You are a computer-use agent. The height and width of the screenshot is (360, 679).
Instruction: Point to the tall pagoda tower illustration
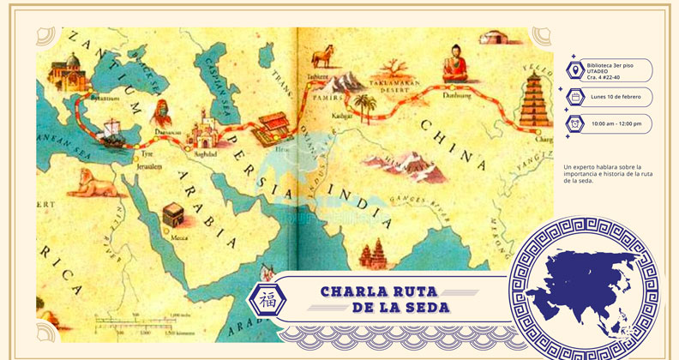pyautogui.click(x=534, y=100)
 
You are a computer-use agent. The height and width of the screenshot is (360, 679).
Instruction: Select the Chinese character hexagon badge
pyautogui.click(x=262, y=298)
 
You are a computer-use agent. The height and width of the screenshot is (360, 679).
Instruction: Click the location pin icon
pyautogui.click(x=572, y=69)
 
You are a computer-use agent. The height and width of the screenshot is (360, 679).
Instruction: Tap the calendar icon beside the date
pyautogui.click(x=572, y=97)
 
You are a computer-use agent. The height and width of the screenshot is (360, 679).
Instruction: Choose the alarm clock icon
pyautogui.click(x=572, y=124)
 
